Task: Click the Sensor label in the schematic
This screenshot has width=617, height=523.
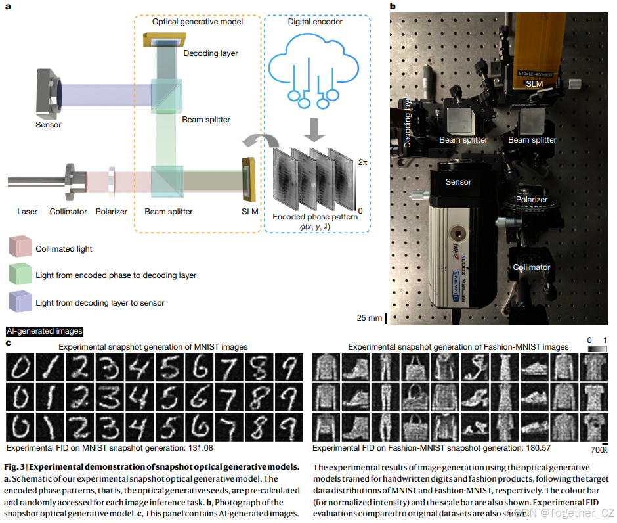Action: (49, 124)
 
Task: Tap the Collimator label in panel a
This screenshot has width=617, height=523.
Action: (68, 212)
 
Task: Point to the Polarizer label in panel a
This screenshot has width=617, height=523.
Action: (111, 212)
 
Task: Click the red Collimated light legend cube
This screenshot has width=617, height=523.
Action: (20, 248)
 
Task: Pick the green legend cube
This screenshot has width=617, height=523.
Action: (20, 275)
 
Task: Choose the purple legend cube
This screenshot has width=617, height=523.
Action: (20, 302)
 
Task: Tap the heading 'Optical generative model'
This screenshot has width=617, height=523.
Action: (198, 22)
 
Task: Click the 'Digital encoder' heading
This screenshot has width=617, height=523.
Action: (315, 22)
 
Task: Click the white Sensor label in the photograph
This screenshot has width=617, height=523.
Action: (458, 181)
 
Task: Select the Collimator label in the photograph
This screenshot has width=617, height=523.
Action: (532, 267)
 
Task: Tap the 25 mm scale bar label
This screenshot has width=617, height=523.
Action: (370, 318)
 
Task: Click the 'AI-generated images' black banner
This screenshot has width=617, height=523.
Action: (44, 332)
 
